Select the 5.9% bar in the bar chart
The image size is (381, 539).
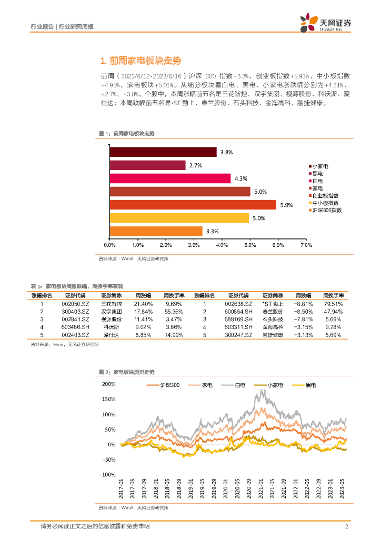(193, 205)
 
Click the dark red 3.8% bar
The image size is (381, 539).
(163, 152)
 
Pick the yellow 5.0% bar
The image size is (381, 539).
(179, 218)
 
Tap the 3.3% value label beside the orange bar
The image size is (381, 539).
(212, 231)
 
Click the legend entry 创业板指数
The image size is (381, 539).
(325, 195)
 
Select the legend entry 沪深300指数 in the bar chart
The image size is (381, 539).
(327, 210)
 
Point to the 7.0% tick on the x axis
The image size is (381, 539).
(306, 245)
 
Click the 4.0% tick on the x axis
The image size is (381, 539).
(222, 245)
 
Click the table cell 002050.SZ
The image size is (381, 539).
(75, 304)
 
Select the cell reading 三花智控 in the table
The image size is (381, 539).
(112, 304)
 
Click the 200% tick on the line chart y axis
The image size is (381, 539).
(108, 384)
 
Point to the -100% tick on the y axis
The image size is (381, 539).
(107, 474)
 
